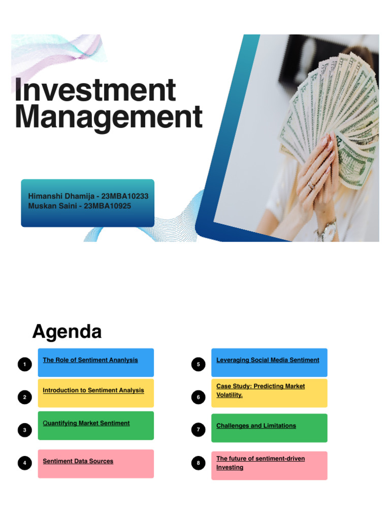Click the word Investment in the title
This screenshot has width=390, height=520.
tap(95, 90)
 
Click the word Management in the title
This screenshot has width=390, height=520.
tap(108, 117)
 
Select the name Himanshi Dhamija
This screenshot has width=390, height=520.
tap(61, 196)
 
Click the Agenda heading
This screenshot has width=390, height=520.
tap(67, 332)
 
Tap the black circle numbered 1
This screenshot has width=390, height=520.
tap(24, 364)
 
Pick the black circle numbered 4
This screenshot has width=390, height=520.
tap(24, 463)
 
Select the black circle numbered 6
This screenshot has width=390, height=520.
tap(198, 397)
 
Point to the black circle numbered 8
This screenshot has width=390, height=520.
tap(198, 463)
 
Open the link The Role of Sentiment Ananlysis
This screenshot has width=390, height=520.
tap(90, 360)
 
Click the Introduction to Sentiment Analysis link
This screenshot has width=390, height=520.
tap(93, 391)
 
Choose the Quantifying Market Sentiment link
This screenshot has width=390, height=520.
tap(86, 423)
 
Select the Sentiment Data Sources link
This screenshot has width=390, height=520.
tap(78, 461)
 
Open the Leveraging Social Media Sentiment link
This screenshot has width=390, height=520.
tap(268, 360)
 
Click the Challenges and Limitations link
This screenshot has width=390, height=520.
tap(256, 426)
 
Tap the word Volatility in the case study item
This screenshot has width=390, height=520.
tap(230, 395)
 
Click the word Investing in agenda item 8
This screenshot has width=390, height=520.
tap(230, 467)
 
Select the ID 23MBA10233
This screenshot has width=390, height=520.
tap(125, 196)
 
